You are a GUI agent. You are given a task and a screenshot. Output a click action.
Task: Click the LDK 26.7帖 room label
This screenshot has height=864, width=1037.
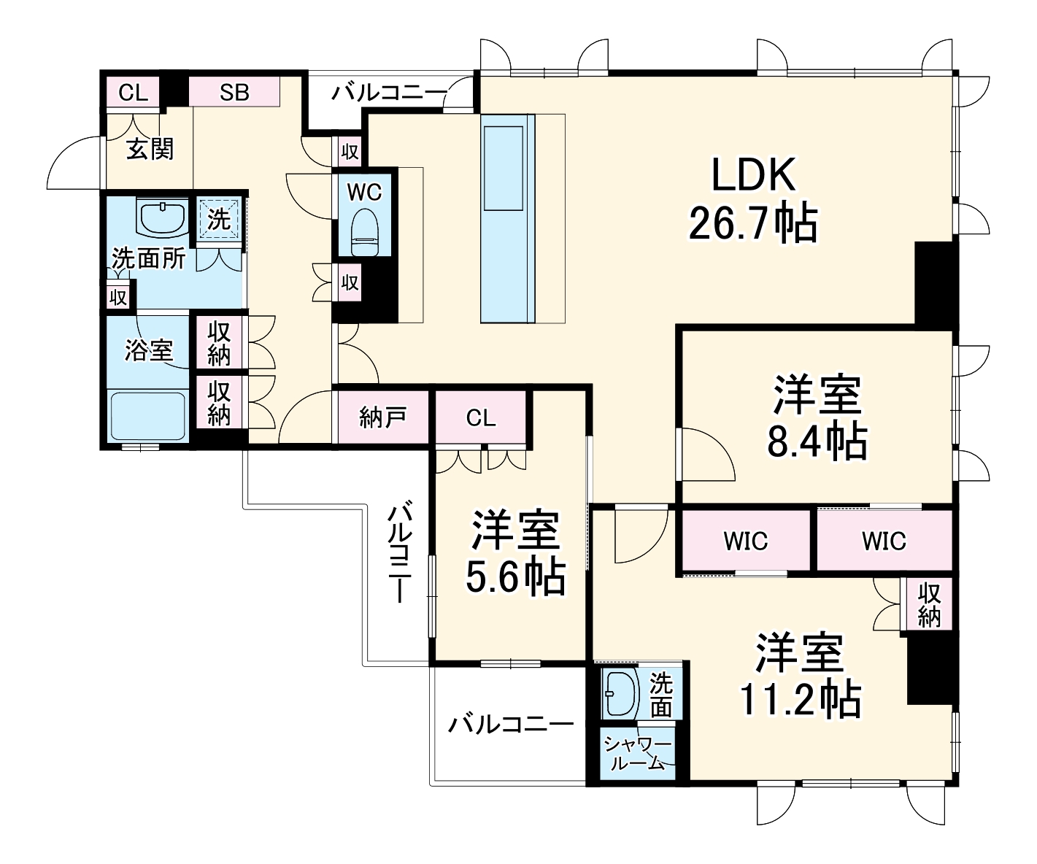[753, 199]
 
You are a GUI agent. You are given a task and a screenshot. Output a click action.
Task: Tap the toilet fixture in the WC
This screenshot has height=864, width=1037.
[365, 232]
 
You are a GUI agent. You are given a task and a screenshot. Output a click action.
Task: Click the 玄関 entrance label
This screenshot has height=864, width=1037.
[150, 148]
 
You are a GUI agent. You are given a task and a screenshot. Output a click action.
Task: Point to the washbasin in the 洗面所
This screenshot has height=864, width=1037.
[163, 217]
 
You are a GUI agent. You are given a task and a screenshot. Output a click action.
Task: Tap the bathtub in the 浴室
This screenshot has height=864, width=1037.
[147, 416]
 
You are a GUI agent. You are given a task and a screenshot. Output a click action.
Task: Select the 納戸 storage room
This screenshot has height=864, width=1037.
[382, 417]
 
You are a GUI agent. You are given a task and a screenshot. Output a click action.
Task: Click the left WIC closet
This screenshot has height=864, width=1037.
[746, 541]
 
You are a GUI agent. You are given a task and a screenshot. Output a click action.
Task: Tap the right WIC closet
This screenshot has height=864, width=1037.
[884, 541]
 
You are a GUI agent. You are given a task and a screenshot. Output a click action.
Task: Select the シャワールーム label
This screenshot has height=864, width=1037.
[638, 753]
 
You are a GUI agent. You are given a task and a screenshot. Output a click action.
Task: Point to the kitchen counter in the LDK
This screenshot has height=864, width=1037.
[507, 218]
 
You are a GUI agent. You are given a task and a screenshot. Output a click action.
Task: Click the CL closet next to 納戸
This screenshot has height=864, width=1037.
[481, 417]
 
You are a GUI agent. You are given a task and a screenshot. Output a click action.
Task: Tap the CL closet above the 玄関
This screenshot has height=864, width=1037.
[133, 92]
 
